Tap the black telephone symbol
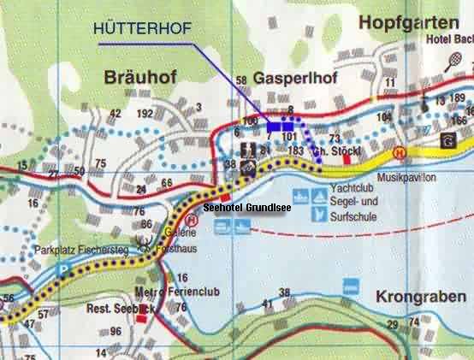(447, 140)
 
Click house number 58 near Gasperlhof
(241, 81)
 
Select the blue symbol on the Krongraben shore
(349, 287)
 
